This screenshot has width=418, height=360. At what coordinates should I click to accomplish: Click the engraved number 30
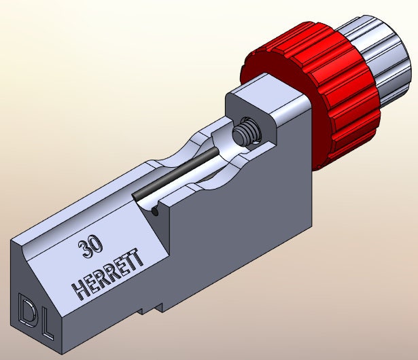(86, 247)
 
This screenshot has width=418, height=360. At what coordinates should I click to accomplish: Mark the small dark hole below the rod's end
(156, 211)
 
